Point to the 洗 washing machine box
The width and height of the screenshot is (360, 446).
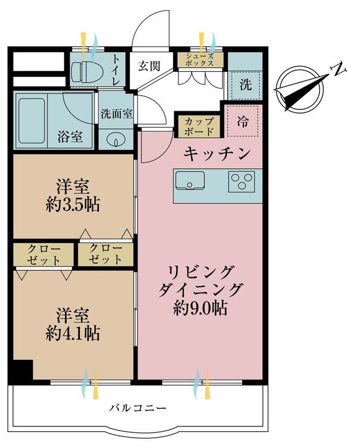[x=245, y=84]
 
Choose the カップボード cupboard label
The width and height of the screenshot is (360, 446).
[x=197, y=125]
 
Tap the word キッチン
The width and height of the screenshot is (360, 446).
[x=216, y=154]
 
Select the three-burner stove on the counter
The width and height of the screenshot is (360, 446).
[x=242, y=180]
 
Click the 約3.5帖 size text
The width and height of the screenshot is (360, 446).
[x=73, y=205]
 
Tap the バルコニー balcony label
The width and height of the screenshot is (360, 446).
[x=137, y=409]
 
